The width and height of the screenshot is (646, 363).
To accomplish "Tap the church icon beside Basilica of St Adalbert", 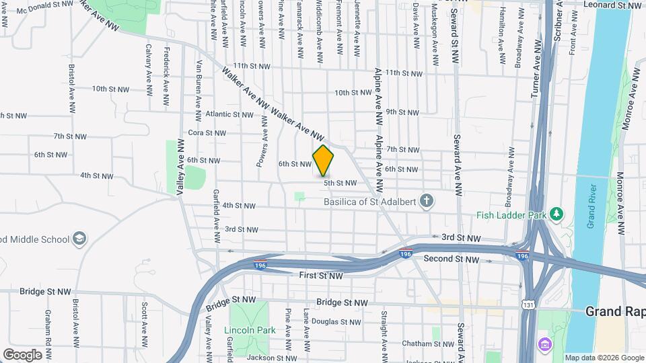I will tap(425, 200).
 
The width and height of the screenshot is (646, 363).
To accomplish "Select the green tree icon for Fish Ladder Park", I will tap(556, 214).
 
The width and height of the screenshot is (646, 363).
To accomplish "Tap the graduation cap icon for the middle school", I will tap(79, 239).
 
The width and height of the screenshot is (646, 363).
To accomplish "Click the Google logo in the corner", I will tap(22, 355).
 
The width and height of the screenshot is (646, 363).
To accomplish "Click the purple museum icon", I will tap(544, 346).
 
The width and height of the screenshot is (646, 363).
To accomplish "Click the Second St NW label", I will tap(452, 259).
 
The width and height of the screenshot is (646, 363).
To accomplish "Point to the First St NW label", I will tap(320, 276).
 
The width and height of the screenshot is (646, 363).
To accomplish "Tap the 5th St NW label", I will tap(340, 183).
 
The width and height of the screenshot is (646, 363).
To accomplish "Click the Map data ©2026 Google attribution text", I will tap(604, 358).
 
